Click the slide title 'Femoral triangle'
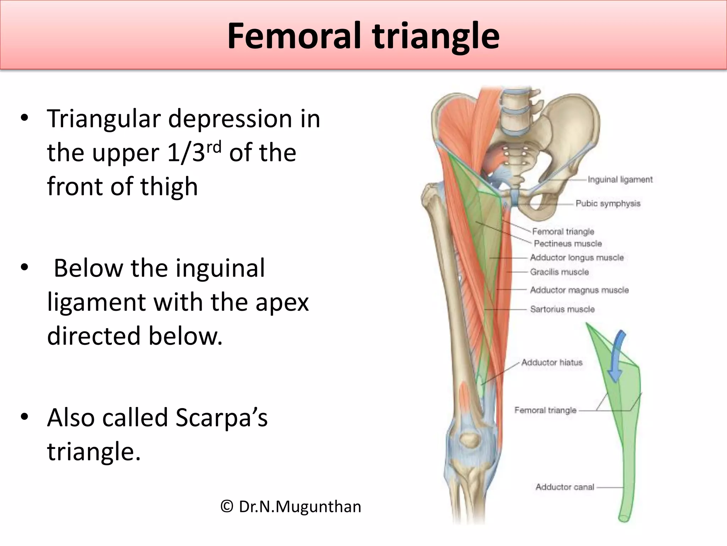click(363, 36)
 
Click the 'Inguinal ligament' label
click(620, 180)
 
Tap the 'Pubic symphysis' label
click(608, 203)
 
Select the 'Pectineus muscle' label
click(568, 243)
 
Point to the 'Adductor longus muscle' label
click(576, 257)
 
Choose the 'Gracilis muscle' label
click(559, 272)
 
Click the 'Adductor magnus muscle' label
click(579, 290)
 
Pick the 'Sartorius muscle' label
click(562, 309)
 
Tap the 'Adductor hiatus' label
click(552, 362)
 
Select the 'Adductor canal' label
click(564, 487)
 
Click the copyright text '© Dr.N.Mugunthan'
click(290, 506)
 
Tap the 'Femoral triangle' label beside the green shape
click(545, 410)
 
